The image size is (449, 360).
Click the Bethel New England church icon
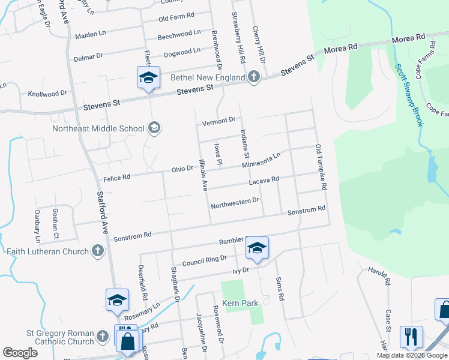point(254,77)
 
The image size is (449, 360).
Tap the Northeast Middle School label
point(98,128)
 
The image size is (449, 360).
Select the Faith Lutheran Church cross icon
point(98,251)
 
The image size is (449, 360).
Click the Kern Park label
point(240,303)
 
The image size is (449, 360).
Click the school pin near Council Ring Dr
point(257,248)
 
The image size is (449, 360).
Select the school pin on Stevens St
point(148,78)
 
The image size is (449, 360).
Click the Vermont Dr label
point(218,121)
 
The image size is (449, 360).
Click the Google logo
point(20,353)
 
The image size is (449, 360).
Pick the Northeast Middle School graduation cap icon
point(154,127)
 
